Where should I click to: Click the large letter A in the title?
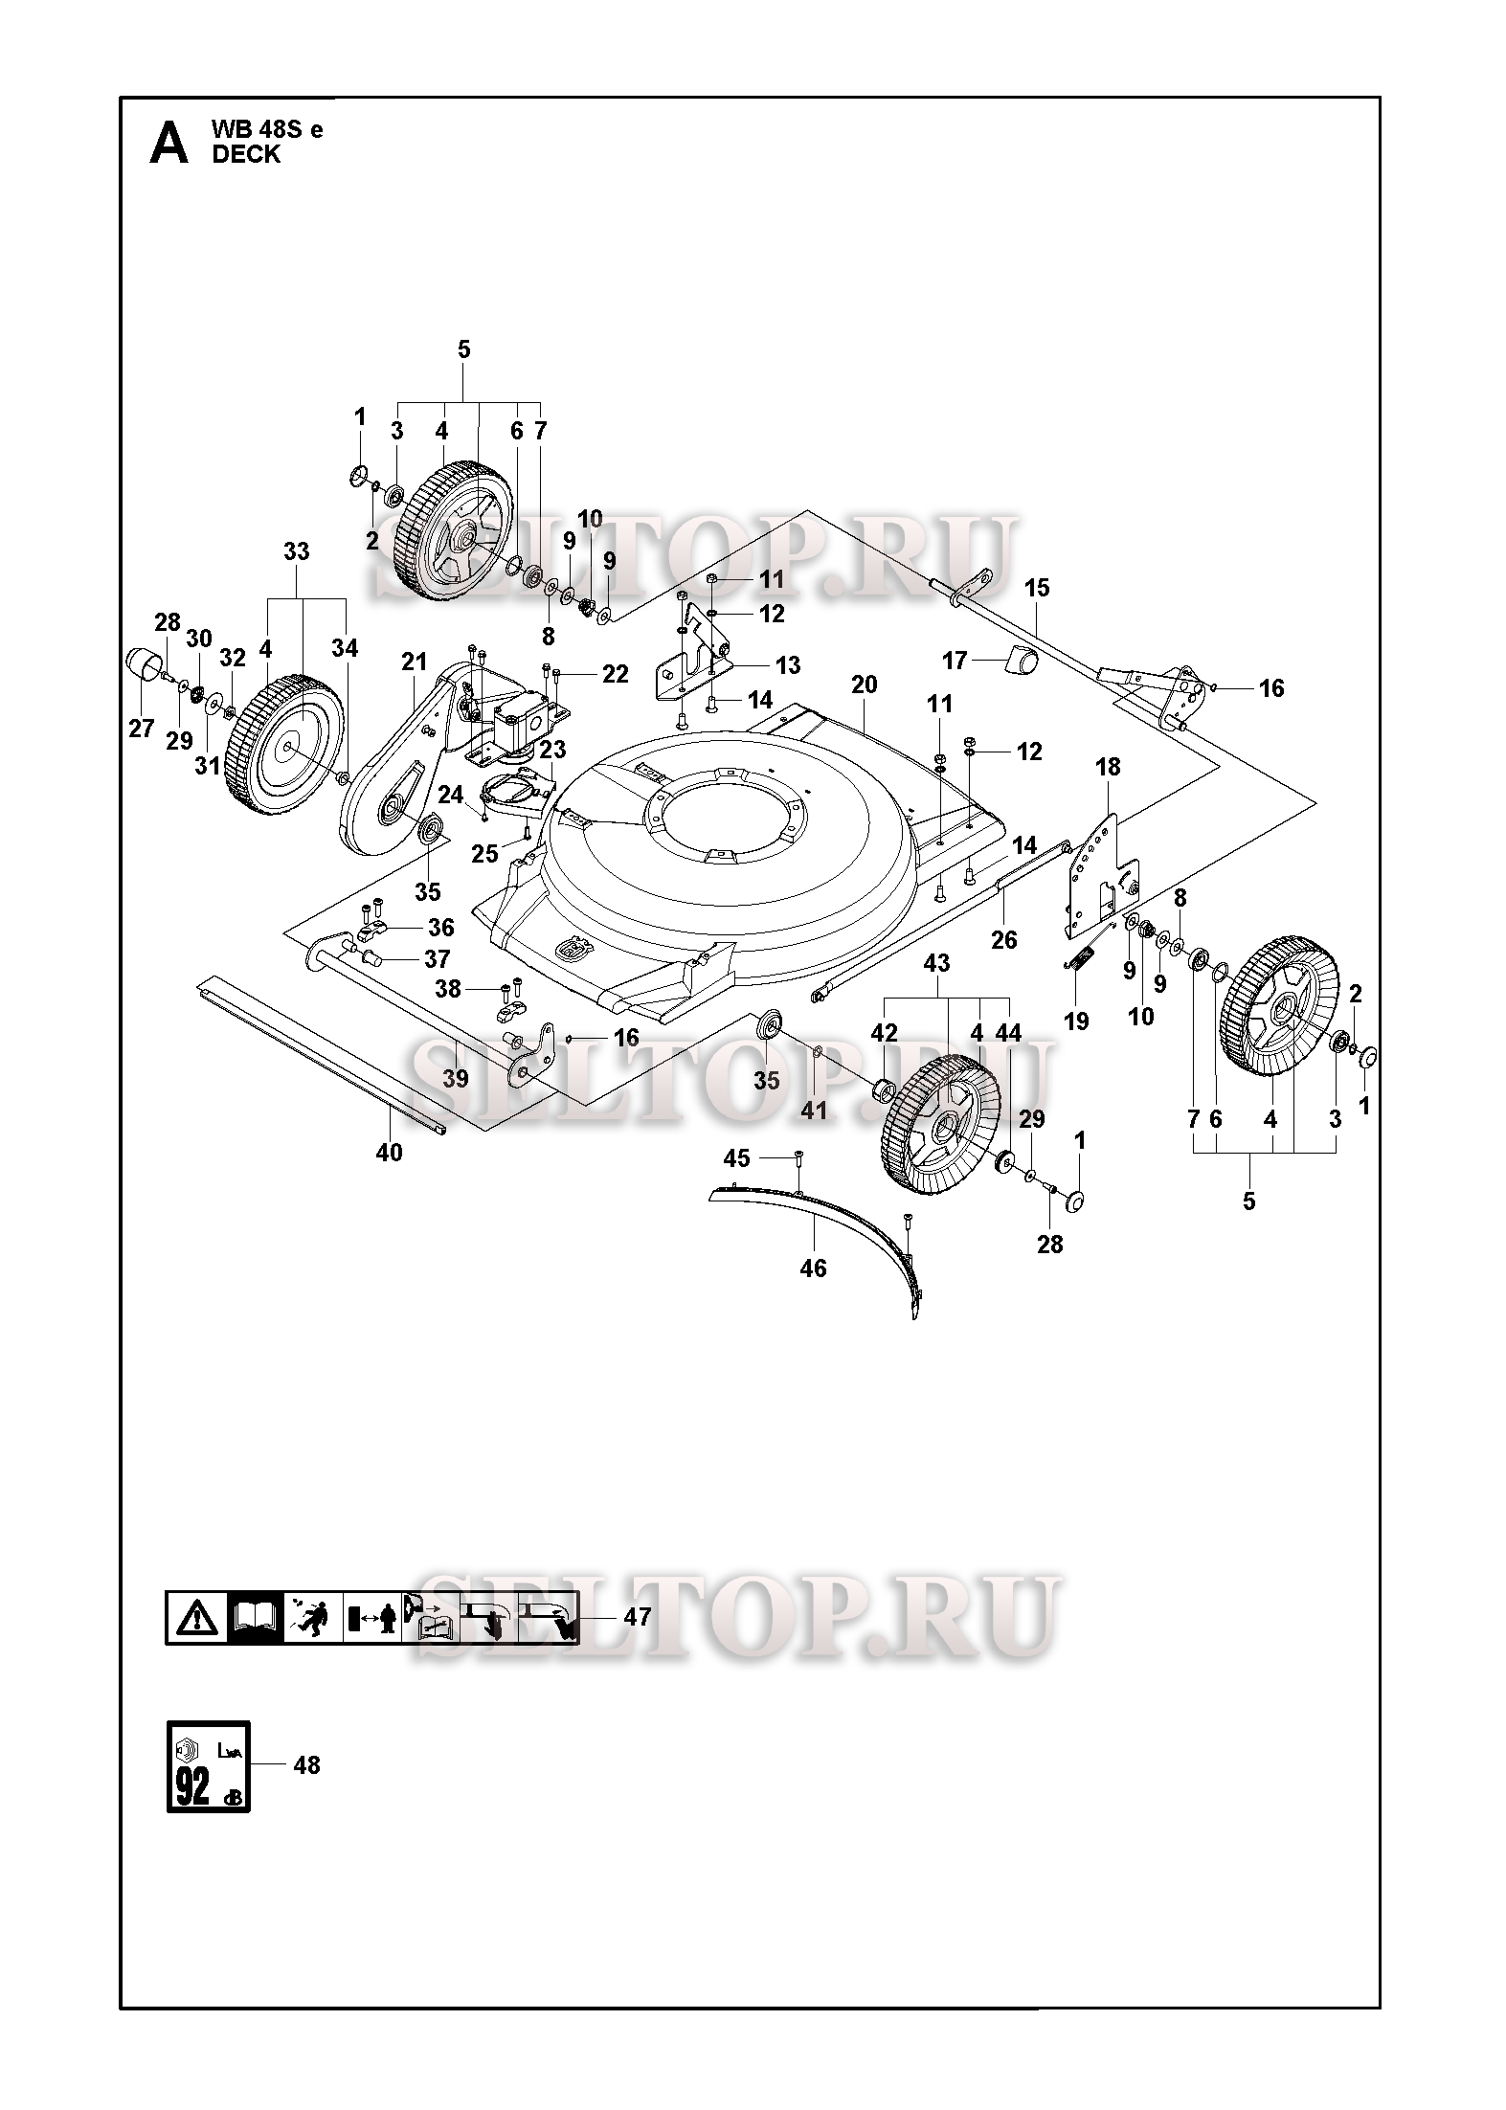coord(169,145)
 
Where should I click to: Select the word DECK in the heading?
coord(247,155)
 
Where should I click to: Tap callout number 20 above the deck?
coord(864,685)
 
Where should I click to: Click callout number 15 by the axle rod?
coord(1037,587)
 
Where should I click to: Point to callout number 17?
coord(955,660)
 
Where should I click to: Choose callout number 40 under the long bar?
coord(389,1153)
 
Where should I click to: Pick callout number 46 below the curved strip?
coord(813,1268)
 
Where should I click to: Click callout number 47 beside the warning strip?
coord(637,1617)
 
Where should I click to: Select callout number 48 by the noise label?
coord(306,1764)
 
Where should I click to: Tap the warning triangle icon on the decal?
coord(196,1618)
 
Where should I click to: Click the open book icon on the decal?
coord(255,1618)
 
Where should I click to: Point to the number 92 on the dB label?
coord(192,1787)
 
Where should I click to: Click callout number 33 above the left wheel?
coord(297,552)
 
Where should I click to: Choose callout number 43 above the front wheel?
coord(936,963)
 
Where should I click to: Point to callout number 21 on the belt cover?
coord(414,662)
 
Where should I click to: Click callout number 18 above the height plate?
coord(1108,767)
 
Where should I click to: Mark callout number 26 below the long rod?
coord(1003,940)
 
